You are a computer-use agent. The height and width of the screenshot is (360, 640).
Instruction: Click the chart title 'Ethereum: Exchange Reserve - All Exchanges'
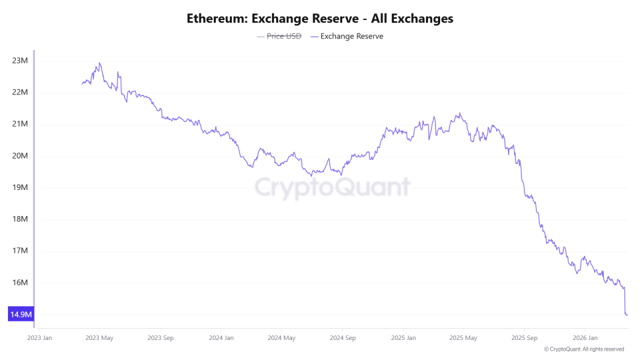pyautogui.click(x=320, y=19)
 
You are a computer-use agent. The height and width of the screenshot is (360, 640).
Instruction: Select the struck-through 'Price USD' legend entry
pyautogui.click(x=284, y=36)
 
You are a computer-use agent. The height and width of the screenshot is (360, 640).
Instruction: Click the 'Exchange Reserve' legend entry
pyautogui.click(x=351, y=36)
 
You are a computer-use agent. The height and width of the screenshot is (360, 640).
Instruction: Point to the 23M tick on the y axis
pyautogui.click(x=20, y=61)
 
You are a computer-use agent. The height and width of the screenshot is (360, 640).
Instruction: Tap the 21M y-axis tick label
pyautogui.click(x=20, y=124)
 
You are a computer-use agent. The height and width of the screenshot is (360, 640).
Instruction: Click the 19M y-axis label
pyautogui.click(x=20, y=187)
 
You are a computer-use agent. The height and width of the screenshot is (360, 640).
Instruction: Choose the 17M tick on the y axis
pyautogui.click(x=20, y=251)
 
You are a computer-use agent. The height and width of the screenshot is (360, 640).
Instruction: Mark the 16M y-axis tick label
pyautogui.click(x=20, y=283)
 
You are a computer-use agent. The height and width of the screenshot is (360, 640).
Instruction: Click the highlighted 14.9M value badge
pyautogui.click(x=21, y=314)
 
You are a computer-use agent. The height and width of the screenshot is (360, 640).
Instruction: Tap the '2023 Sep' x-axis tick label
pyautogui.click(x=160, y=338)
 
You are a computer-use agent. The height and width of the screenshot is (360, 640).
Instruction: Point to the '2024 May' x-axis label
pyautogui.click(x=281, y=338)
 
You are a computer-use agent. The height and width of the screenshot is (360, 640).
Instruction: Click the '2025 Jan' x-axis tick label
pyautogui.click(x=403, y=338)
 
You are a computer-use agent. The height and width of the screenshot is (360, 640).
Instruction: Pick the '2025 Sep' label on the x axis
pyautogui.click(x=524, y=338)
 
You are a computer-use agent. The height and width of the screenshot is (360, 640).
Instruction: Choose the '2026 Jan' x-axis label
pyautogui.click(x=585, y=338)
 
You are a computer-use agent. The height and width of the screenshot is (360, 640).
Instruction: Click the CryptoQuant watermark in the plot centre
pyautogui.click(x=332, y=187)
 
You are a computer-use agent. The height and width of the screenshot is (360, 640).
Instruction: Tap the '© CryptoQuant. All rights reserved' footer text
pyautogui.click(x=584, y=349)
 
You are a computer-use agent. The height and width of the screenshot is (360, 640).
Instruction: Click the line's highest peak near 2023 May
pyautogui.click(x=99, y=63)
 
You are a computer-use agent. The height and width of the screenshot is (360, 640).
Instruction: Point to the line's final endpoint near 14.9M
pyautogui.click(x=627, y=314)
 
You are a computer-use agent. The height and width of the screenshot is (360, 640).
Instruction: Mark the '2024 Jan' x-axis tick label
pyautogui.click(x=221, y=338)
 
